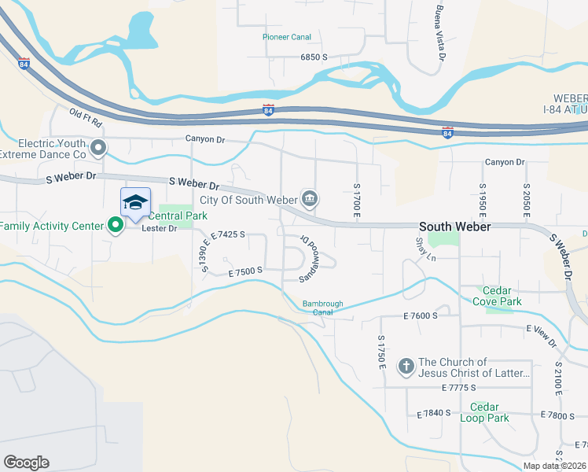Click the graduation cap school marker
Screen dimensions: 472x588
click(135, 202)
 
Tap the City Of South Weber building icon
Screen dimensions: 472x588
click(310, 197)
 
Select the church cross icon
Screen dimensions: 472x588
click(406, 366)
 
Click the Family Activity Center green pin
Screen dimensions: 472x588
click(116, 226)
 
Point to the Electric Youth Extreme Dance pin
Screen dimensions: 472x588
click(98, 147)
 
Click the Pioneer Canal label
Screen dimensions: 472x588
click(287, 37)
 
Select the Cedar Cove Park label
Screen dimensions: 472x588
click(497, 296)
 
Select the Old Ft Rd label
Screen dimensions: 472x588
click(86, 120)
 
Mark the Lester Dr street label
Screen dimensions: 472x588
click(156, 229)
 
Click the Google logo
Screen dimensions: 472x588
click(26, 463)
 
